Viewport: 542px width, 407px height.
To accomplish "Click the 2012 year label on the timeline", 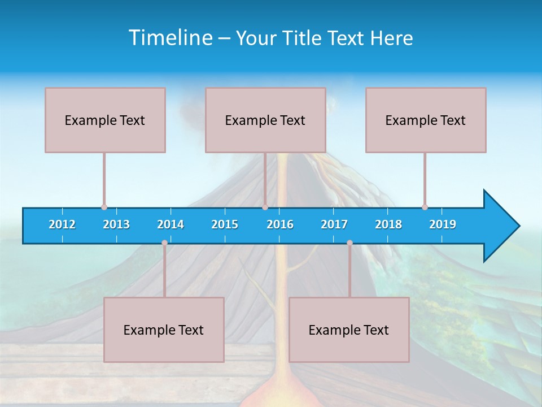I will point(62,224).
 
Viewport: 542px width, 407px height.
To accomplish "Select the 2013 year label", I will point(116,224).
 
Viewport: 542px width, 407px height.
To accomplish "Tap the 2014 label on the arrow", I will point(171,224).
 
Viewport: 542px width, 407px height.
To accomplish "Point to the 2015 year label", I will point(225,224).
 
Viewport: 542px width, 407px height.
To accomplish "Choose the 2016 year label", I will point(280,224).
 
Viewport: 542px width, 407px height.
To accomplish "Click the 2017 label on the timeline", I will point(334,224).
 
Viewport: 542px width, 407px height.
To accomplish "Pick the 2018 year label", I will point(388,224).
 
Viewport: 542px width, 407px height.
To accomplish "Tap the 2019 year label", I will point(443,224).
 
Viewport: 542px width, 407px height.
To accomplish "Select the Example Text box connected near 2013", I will point(105,120).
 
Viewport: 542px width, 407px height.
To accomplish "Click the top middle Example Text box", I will point(265,120).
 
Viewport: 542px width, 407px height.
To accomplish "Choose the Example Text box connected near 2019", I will point(426,120).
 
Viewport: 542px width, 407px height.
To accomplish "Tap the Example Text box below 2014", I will point(164,330).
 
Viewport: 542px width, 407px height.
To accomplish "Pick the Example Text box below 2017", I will point(349,330).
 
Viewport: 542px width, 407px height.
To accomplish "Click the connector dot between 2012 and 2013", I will point(104,207).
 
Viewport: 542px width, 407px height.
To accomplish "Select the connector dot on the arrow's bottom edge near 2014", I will point(164,243).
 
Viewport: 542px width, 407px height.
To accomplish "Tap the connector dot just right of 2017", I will point(349,243).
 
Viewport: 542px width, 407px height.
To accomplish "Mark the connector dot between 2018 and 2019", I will point(425,207).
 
